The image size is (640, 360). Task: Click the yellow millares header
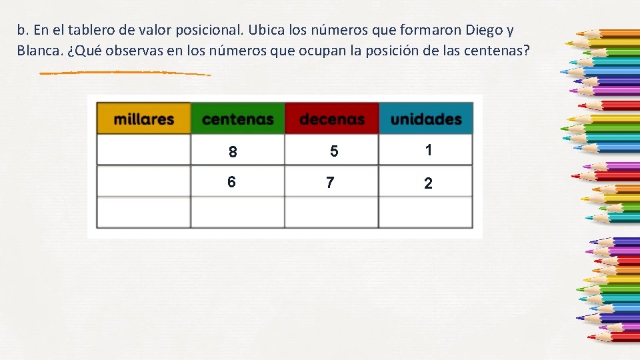point(144,119)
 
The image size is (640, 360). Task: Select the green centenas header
point(238,119)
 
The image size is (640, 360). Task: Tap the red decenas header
point(332,119)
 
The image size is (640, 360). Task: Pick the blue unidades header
point(426,119)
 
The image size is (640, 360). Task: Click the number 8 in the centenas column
point(233,152)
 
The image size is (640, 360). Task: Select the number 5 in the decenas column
point(334,152)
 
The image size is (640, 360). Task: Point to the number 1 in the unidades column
point(429,150)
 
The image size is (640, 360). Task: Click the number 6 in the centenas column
point(231,182)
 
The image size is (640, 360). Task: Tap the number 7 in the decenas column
point(330,182)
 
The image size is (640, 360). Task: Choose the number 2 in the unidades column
point(428,183)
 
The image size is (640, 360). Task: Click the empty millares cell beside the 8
point(144,150)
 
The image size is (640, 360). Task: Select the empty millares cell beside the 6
point(144,181)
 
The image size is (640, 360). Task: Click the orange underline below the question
point(125,72)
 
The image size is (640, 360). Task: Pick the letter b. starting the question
point(23,31)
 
